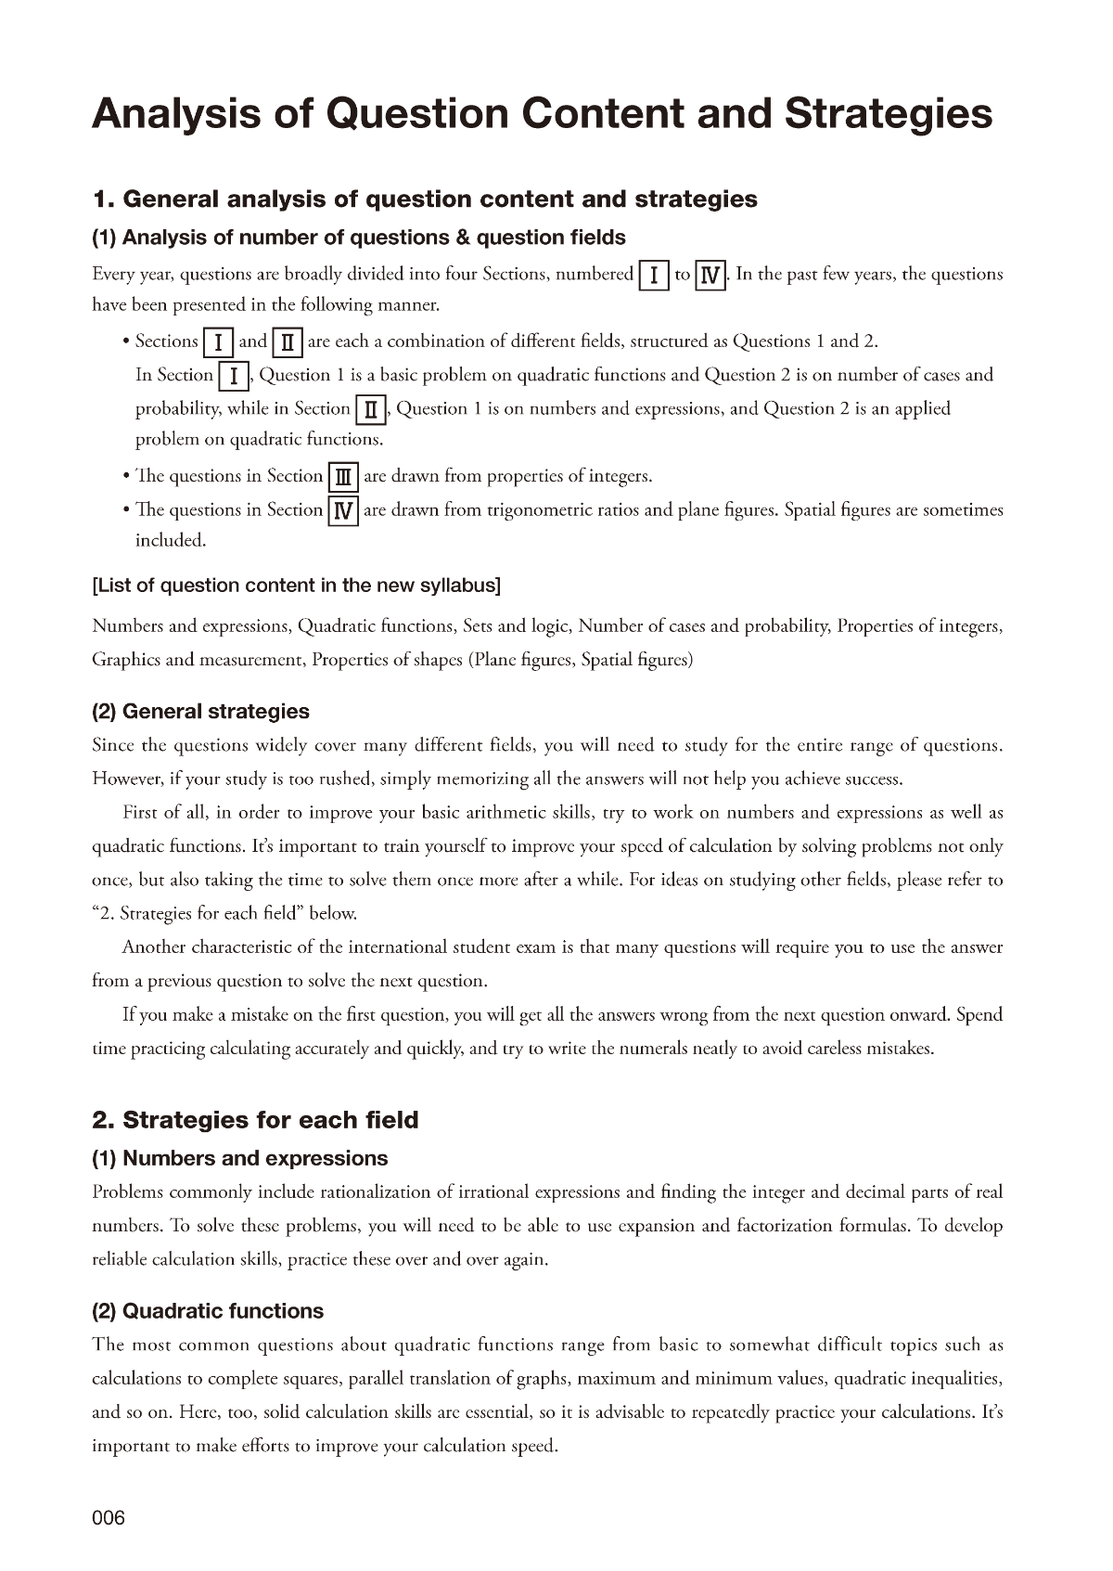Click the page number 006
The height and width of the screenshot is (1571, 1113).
[x=108, y=1518]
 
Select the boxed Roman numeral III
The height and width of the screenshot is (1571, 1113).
[x=343, y=477]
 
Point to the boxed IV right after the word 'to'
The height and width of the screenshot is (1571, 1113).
[x=710, y=276]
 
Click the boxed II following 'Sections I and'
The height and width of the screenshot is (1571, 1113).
[x=287, y=342]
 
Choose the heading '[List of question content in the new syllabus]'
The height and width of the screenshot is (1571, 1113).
[x=296, y=585]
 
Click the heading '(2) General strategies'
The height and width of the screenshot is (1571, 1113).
[x=200, y=712]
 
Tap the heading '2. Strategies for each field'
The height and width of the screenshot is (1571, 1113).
[x=255, y=1120]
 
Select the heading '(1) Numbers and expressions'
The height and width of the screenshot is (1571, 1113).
[x=239, y=1158]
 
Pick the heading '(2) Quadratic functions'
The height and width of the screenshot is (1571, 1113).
[x=208, y=1311]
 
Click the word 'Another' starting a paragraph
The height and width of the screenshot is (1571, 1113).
[x=155, y=947]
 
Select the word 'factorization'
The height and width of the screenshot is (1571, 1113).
[x=784, y=1226]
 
